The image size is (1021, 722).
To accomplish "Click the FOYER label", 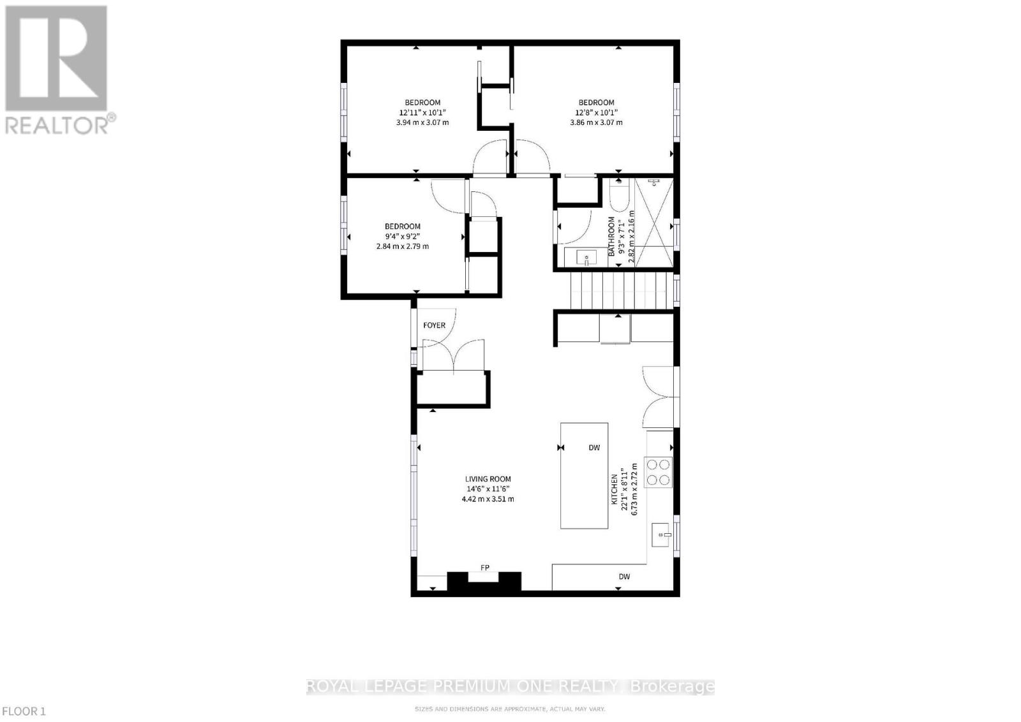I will tap(434, 325).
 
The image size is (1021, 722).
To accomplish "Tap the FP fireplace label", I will tap(485, 567).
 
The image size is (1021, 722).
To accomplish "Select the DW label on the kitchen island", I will tap(594, 448).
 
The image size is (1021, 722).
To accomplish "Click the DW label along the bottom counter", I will tap(624, 577).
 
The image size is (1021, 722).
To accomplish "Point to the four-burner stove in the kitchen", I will tap(659, 472).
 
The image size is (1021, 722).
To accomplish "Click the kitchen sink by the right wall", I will tap(661, 534).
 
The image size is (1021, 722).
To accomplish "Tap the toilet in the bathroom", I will tap(619, 196).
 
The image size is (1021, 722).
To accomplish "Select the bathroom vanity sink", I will tap(586, 258).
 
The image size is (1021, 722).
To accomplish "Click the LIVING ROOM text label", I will tap(488, 479).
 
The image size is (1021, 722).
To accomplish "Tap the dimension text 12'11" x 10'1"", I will tap(422, 112).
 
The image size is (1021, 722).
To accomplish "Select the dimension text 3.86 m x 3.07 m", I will tap(596, 122).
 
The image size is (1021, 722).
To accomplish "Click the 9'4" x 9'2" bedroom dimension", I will tap(402, 236).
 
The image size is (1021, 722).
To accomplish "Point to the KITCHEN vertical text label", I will tap(615, 489).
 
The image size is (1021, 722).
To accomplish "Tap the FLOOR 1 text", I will tap(24, 711).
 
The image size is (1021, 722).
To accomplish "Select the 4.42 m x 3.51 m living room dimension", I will tap(488, 499).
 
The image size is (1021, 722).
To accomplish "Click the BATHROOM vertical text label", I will tap(611, 237).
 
